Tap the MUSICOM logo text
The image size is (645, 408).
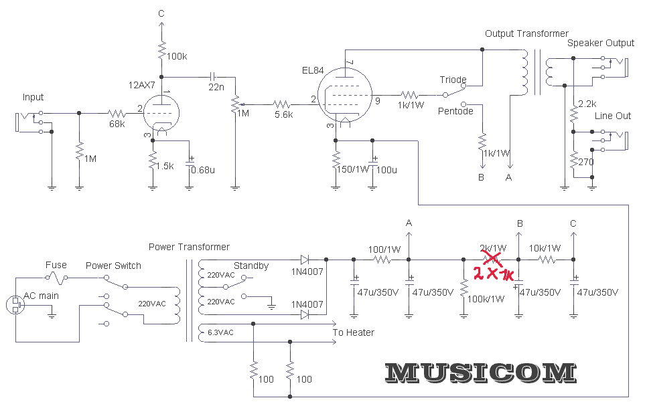[x=481, y=373]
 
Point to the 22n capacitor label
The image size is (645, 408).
[x=216, y=87]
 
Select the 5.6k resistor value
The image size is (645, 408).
[x=283, y=114]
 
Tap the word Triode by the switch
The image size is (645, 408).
[x=453, y=80]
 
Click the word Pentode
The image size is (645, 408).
[x=455, y=111]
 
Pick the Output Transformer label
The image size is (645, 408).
[x=526, y=33]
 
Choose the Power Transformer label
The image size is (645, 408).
[x=189, y=247]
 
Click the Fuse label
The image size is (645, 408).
[x=56, y=266]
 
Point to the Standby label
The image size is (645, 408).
[x=251, y=266]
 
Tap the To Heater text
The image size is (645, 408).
[x=354, y=332]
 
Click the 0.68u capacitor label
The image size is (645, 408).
[x=203, y=169]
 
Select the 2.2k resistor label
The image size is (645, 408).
[x=587, y=104]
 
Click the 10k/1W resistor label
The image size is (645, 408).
[x=545, y=248]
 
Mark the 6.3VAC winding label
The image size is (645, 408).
[x=221, y=332]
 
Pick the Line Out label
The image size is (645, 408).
[x=613, y=116]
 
